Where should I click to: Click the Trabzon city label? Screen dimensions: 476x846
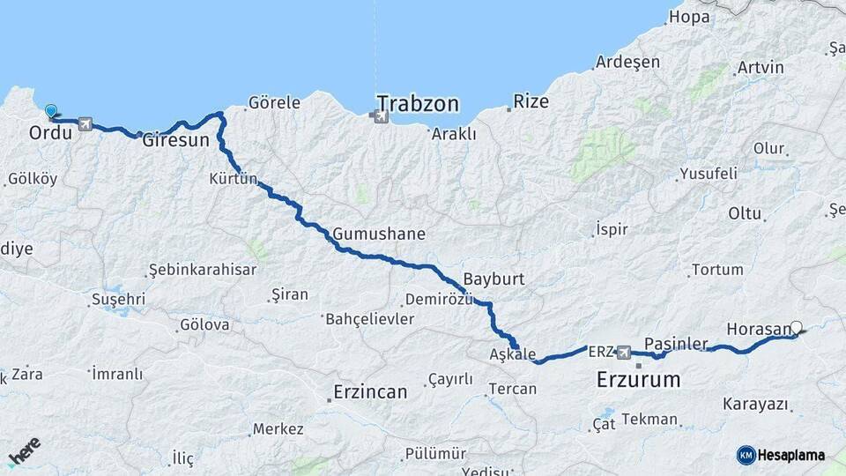[x=419, y=104]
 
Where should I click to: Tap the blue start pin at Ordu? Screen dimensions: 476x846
[x=51, y=112]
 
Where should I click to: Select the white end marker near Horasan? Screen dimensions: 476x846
[x=797, y=328]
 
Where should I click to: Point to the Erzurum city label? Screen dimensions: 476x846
[x=639, y=381]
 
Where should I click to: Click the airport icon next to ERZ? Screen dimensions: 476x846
[x=624, y=353]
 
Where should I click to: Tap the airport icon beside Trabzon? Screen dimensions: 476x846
[x=381, y=115]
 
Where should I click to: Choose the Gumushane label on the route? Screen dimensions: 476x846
[x=379, y=234]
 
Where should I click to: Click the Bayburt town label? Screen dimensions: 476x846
[x=493, y=279]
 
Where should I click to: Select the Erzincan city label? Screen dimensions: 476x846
[x=370, y=390]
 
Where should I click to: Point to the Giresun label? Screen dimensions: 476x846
[x=176, y=139]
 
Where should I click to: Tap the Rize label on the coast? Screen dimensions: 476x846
[x=531, y=101]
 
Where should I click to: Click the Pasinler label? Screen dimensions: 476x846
[x=676, y=342]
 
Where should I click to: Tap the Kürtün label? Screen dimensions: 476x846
[x=234, y=179]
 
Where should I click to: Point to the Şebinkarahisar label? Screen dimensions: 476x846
[x=202, y=269]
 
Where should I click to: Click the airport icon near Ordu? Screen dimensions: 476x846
[x=85, y=123]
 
